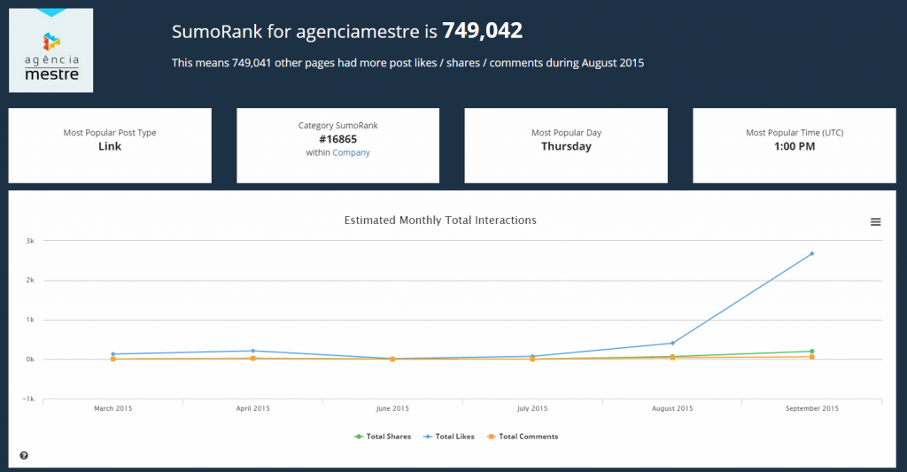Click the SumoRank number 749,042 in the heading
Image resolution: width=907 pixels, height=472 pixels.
pyautogui.click(x=482, y=32)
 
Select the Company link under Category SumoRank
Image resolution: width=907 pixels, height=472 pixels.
pyautogui.click(x=351, y=152)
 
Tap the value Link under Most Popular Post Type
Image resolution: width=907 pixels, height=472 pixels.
pyautogui.click(x=110, y=146)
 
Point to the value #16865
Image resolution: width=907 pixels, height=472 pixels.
pyautogui.click(x=337, y=139)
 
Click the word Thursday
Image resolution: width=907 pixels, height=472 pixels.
pyautogui.click(x=566, y=146)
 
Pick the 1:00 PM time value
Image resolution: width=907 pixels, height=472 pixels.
pyautogui.click(x=795, y=146)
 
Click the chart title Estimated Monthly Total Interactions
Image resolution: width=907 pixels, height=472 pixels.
pyautogui.click(x=440, y=220)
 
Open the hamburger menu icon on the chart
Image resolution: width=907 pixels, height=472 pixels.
pyautogui.click(x=876, y=221)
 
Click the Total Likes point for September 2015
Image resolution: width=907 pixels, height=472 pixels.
pyautogui.click(x=812, y=253)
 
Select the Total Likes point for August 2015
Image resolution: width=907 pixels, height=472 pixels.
pyautogui.click(x=672, y=343)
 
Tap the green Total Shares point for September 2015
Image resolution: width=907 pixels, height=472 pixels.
pyautogui.click(x=812, y=352)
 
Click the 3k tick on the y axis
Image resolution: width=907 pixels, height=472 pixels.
pyautogui.click(x=29, y=241)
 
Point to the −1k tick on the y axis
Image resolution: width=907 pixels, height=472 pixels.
pyautogui.click(x=28, y=398)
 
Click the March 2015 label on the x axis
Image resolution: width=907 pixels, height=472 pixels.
pyautogui.click(x=113, y=409)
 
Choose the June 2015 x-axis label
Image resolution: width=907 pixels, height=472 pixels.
pyautogui.click(x=392, y=409)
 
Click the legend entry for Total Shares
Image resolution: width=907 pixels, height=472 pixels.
pyautogui.click(x=383, y=437)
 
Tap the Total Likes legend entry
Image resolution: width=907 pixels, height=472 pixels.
pyautogui.click(x=451, y=437)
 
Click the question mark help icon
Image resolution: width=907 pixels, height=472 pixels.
pyautogui.click(x=24, y=455)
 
